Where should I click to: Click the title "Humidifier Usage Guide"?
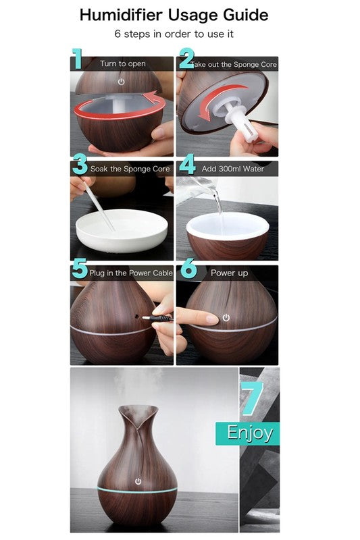click(174, 15)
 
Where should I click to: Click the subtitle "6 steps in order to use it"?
click(174, 33)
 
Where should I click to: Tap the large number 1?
click(78, 59)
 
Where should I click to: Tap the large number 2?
click(186, 59)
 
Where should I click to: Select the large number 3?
click(80, 165)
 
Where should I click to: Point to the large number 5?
click(80, 270)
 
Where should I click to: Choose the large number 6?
click(188, 270)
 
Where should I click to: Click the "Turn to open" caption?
click(123, 64)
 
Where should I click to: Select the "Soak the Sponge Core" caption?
click(130, 169)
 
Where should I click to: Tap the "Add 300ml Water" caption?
click(232, 169)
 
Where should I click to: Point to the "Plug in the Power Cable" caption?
click(131, 273)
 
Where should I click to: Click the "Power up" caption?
click(229, 273)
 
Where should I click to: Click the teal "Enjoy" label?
click(249, 433)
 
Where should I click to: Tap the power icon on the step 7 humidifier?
click(138, 482)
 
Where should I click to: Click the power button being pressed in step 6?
click(226, 317)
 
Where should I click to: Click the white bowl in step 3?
click(122, 232)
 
